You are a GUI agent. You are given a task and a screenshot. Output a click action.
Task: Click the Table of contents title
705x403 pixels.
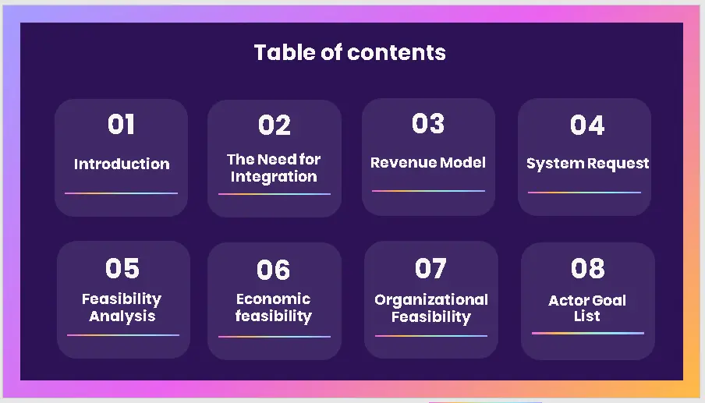tap(350, 52)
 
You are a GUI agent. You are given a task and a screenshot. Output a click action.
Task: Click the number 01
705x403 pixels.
tap(121, 124)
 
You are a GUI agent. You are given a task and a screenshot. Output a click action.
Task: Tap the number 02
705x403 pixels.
tap(274, 125)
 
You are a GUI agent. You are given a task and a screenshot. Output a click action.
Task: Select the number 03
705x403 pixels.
tap(428, 123)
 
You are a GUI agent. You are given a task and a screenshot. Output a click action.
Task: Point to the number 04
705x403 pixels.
tap(587, 125)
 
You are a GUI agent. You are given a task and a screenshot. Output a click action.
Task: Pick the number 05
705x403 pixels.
tap(122, 268)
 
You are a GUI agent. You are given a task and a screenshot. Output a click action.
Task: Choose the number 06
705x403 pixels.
tap(274, 270)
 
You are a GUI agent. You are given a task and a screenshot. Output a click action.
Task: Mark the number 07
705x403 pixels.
tap(430, 268)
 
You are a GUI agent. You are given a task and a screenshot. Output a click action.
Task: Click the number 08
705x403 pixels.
tap(587, 268)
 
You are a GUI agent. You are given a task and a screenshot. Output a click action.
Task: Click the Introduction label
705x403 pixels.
tap(122, 164)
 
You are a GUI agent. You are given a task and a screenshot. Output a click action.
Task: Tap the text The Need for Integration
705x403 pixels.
tap(274, 168)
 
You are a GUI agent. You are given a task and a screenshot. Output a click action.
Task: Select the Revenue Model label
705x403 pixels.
tap(428, 162)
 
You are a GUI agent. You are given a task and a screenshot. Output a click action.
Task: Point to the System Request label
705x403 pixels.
tap(587, 164)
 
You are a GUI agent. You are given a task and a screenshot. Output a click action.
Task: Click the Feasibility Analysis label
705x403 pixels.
tap(122, 307)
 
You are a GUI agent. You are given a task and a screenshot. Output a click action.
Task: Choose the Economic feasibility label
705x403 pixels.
tap(274, 308)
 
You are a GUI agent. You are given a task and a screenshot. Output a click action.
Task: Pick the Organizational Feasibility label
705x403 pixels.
tap(431, 308)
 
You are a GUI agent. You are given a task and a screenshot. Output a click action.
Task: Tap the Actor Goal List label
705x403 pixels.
tap(587, 308)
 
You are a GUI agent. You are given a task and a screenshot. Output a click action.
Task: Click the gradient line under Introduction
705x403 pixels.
tap(121, 193)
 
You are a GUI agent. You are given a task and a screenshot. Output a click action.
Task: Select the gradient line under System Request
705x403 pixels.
tap(584, 193)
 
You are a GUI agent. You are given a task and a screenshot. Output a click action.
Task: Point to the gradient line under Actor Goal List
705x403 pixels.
tap(588, 333)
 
